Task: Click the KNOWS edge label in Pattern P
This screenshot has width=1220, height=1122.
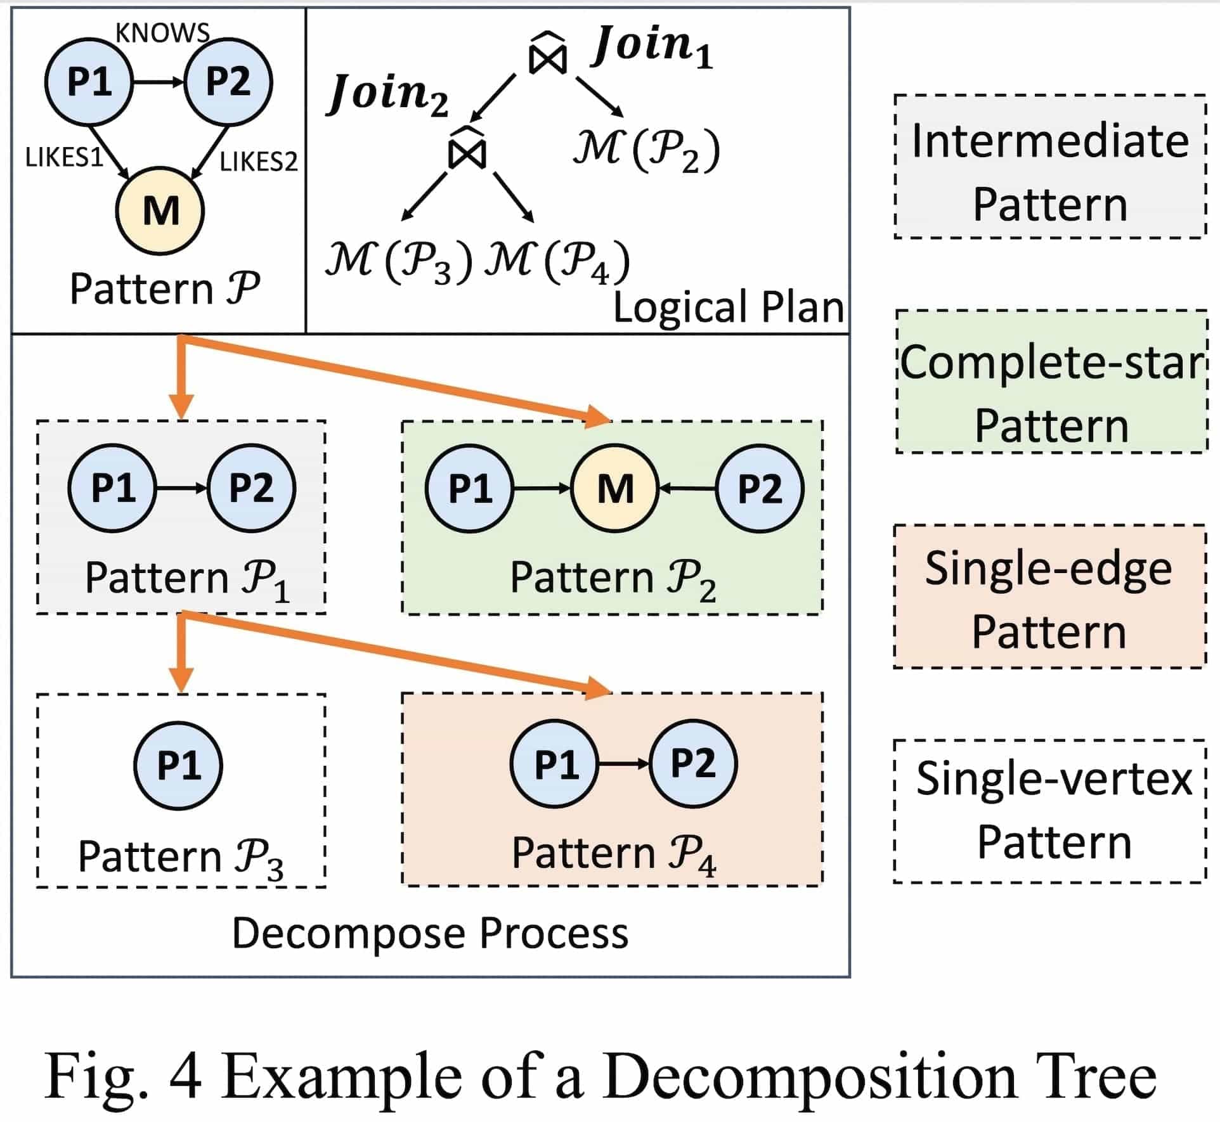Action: point(162,33)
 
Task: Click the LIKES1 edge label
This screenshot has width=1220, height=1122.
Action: point(64,157)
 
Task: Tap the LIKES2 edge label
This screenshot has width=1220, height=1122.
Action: point(258,162)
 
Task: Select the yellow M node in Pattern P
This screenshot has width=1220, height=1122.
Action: point(160,210)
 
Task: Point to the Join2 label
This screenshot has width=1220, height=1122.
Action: point(388,95)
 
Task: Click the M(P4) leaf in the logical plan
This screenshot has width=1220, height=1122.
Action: point(557,261)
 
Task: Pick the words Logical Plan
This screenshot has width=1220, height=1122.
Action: point(729,307)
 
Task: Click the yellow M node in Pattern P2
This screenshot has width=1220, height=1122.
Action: point(615,489)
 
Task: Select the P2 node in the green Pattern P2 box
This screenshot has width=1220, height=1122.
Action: point(760,489)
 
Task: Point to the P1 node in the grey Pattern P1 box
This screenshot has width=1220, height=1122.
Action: point(113,487)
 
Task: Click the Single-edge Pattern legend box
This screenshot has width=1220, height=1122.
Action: point(1049,596)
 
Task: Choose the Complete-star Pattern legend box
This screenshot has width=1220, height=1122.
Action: point(1052,382)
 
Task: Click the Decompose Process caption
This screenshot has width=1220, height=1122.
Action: point(430,933)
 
